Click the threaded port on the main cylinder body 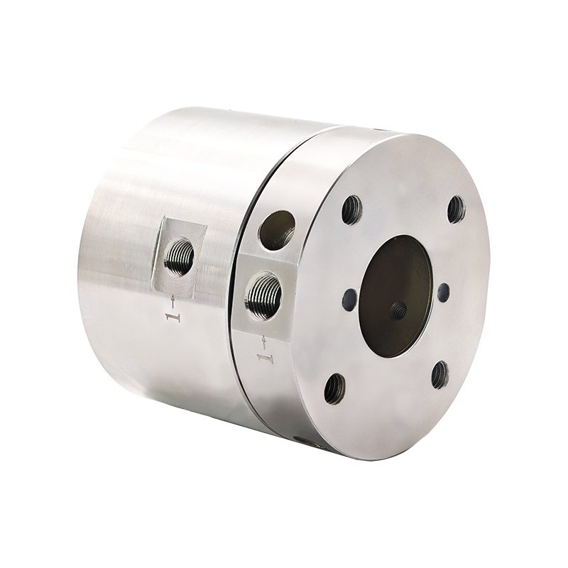[x=179, y=256]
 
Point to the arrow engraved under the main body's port [x=173, y=302]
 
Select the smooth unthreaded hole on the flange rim [x=277, y=230]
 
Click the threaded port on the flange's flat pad [x=263, y=296]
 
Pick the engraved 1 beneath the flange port [x=265, y=359]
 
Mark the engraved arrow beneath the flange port [x=263, y=342]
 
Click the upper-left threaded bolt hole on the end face [x=351, y=209]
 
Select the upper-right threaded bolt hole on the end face [x=457, y=209]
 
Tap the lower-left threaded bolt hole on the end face [x=334, y=389]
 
